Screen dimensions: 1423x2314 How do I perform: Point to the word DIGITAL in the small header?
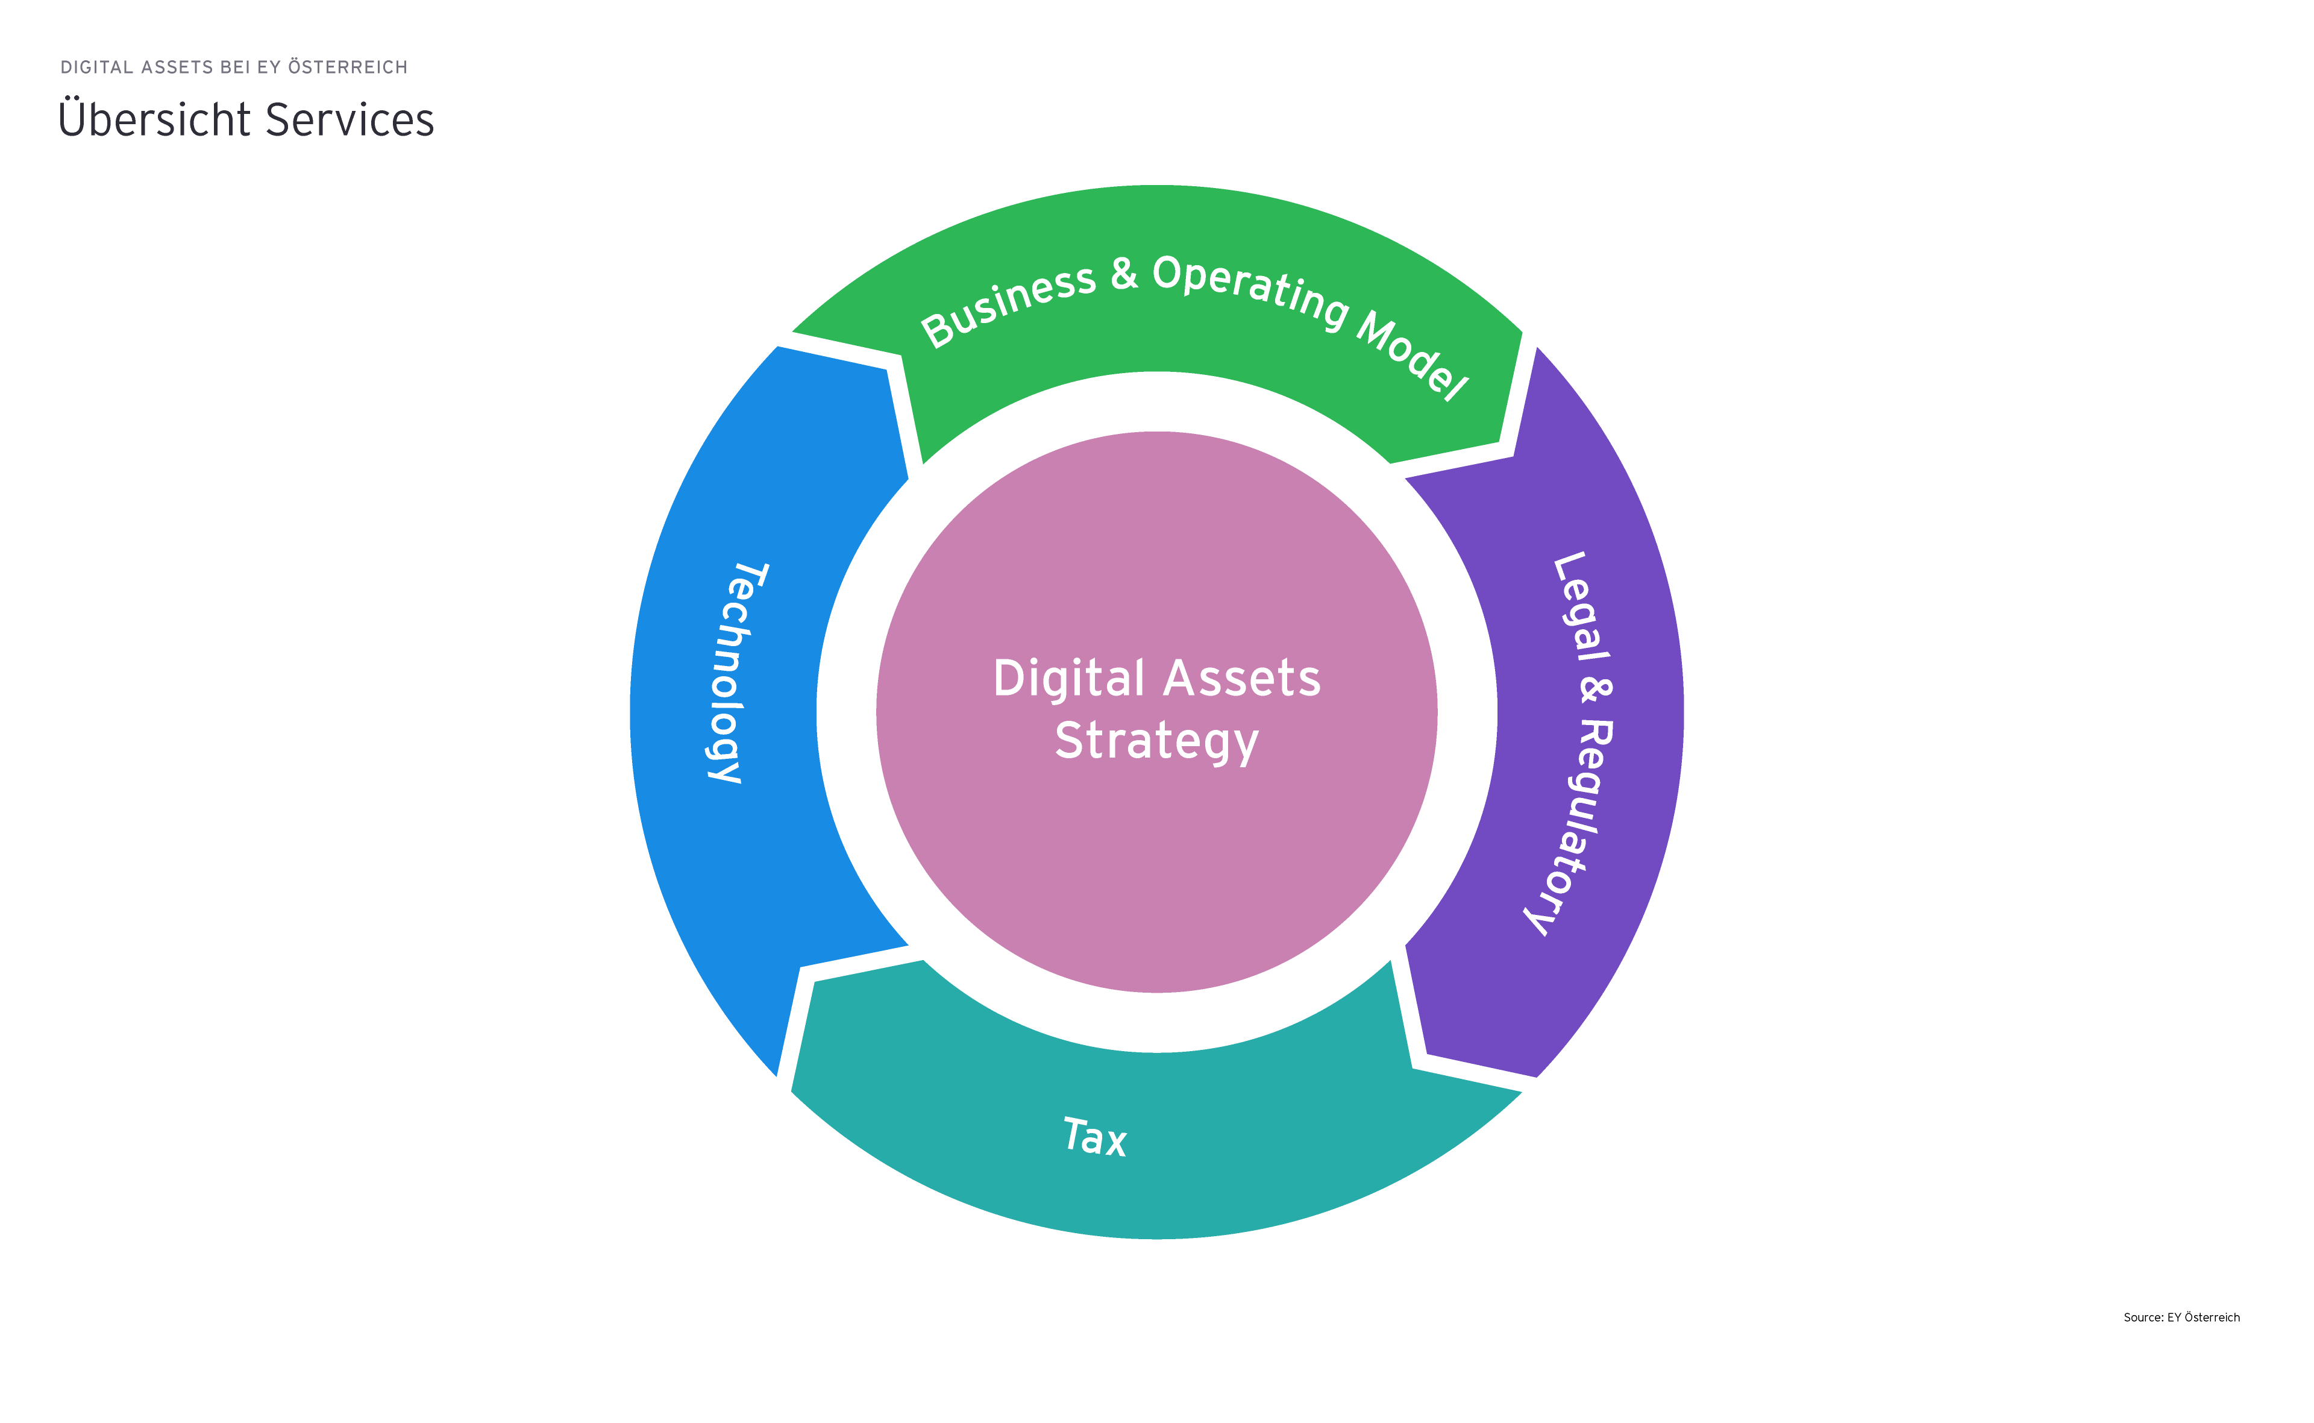97,67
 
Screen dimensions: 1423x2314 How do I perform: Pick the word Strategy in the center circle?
1156,741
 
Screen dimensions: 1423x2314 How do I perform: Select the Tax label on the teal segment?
1094,1137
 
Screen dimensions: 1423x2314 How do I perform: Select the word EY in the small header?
269,67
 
